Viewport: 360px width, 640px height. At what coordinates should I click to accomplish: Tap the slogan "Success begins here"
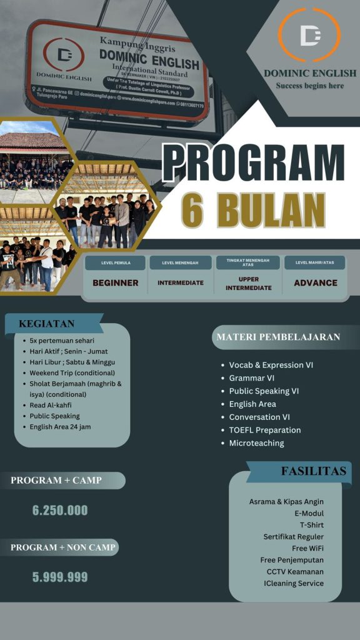(309, 86)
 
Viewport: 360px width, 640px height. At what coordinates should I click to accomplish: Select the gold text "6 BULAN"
(253, 209)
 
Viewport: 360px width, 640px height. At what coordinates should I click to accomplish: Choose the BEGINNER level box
(116, 282)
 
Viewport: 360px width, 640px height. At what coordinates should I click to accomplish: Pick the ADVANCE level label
(316, 282)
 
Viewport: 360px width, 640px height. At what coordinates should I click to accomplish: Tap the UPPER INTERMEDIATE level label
(249, 283)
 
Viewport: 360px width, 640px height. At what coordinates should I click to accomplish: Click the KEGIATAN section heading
(47, 324)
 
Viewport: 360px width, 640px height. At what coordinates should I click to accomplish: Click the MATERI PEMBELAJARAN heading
(278, 337)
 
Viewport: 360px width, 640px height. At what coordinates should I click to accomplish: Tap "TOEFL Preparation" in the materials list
(265, 430)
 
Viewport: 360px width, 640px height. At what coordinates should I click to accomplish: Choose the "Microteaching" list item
(256, 443)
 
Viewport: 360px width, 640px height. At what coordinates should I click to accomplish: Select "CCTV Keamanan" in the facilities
(295, 571)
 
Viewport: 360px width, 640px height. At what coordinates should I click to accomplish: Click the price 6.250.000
(60, 510)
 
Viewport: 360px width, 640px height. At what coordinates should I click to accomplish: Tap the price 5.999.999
(60, 577)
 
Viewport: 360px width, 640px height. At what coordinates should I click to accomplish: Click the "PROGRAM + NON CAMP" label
(61, 547)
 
